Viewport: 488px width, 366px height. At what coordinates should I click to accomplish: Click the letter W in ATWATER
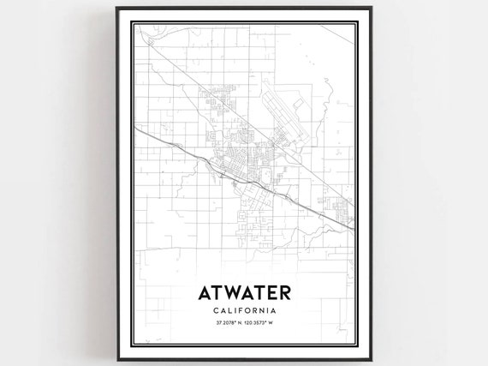[230, 292]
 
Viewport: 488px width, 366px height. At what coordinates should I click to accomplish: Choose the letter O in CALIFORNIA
[249, 311]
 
